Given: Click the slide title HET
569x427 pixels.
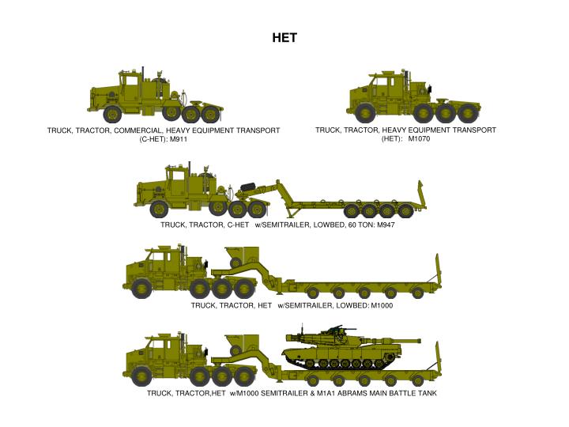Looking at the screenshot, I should (284, 37).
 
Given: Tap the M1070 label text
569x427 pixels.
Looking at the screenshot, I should (419, 139).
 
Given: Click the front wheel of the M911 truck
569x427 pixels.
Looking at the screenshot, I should (113, 112).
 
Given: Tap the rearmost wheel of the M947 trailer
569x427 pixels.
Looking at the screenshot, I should (405, 210).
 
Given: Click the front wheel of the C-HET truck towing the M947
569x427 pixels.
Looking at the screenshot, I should (159, 209).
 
